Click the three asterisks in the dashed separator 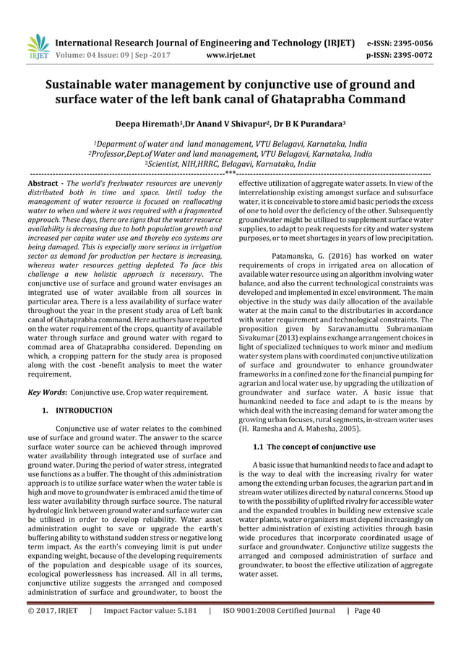(x=230, y=173)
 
